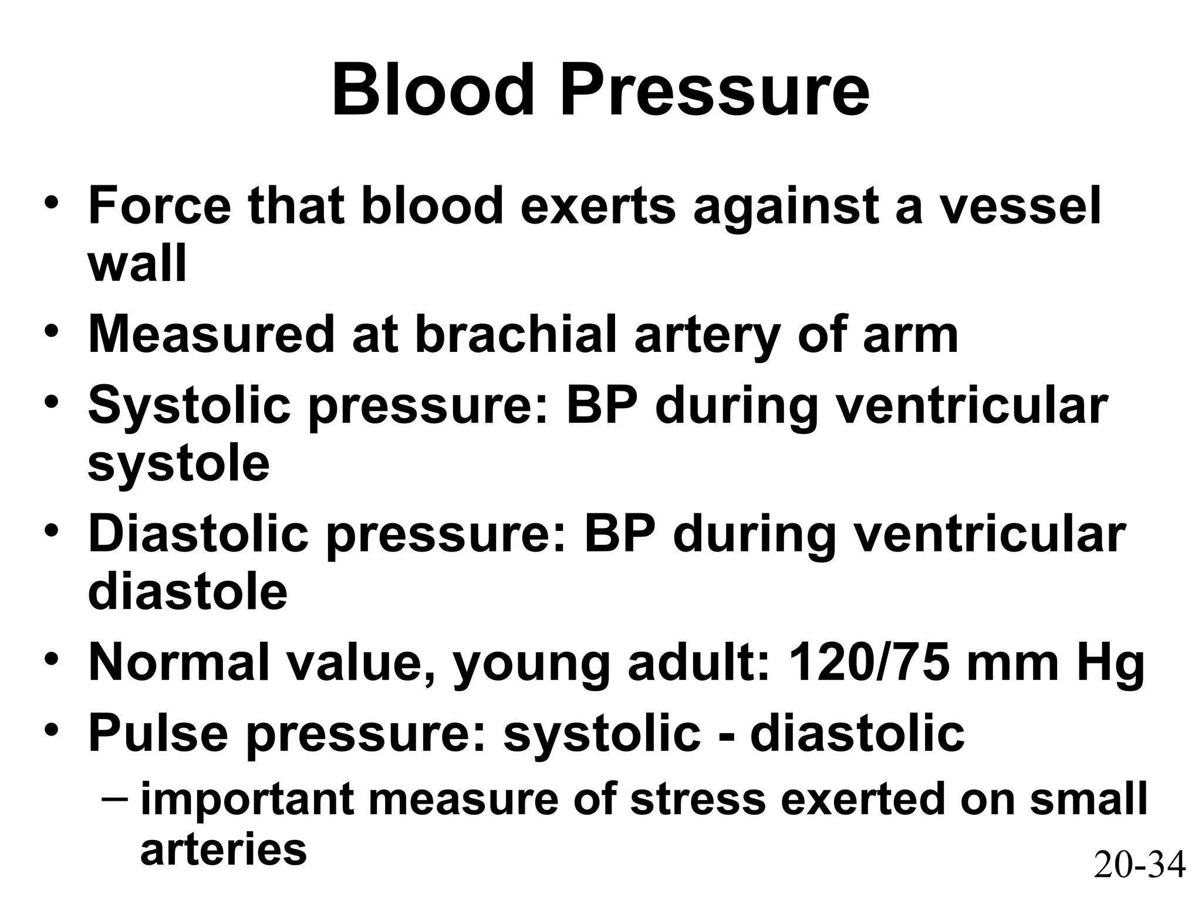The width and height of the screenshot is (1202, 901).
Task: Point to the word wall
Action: pyautogui.click(x=137, y=264)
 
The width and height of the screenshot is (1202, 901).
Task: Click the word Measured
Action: pyautogui.click(x=211, y=334)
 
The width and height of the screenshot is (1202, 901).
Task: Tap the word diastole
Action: pyautogui.click(x=187, y=592)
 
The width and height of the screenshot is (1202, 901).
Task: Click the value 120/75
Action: pyautogui.click(x=869, y=662)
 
